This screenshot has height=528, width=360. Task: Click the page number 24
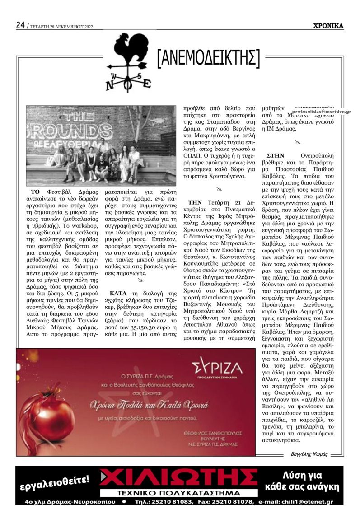coord(20,25)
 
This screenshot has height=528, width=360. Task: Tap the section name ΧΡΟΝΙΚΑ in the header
coord(328,26)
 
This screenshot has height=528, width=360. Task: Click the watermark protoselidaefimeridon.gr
coord(321,111)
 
